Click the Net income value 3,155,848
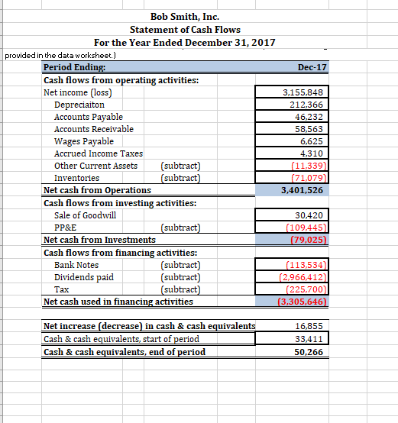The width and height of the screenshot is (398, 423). pos(304,92)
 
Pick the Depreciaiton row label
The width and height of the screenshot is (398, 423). pos(79,105)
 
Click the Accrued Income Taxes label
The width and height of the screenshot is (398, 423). pos(99,153)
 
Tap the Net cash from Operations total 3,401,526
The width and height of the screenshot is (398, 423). pos(303,190)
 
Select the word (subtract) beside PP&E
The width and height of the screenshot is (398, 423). pos(181,227)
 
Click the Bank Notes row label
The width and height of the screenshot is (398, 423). pos(76,264)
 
